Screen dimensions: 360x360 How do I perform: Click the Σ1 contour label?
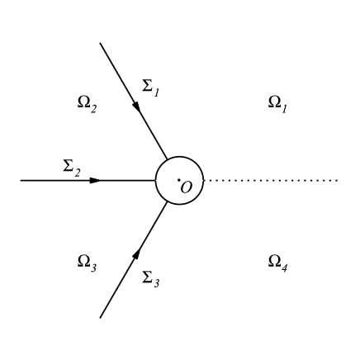[150, 87]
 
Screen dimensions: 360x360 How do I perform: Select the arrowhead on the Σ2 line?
[96, 180]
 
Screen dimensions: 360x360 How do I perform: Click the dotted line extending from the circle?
[272, 180]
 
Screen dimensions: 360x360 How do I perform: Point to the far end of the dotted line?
[338, 180]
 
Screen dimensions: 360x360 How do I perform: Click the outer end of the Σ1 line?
[100, 43]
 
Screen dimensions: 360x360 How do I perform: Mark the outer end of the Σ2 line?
[21, 180]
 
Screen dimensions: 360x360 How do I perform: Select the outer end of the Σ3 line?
[100, 317]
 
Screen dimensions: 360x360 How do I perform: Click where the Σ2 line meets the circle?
[156, 180]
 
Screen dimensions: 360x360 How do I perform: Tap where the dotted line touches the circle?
[206, 180]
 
